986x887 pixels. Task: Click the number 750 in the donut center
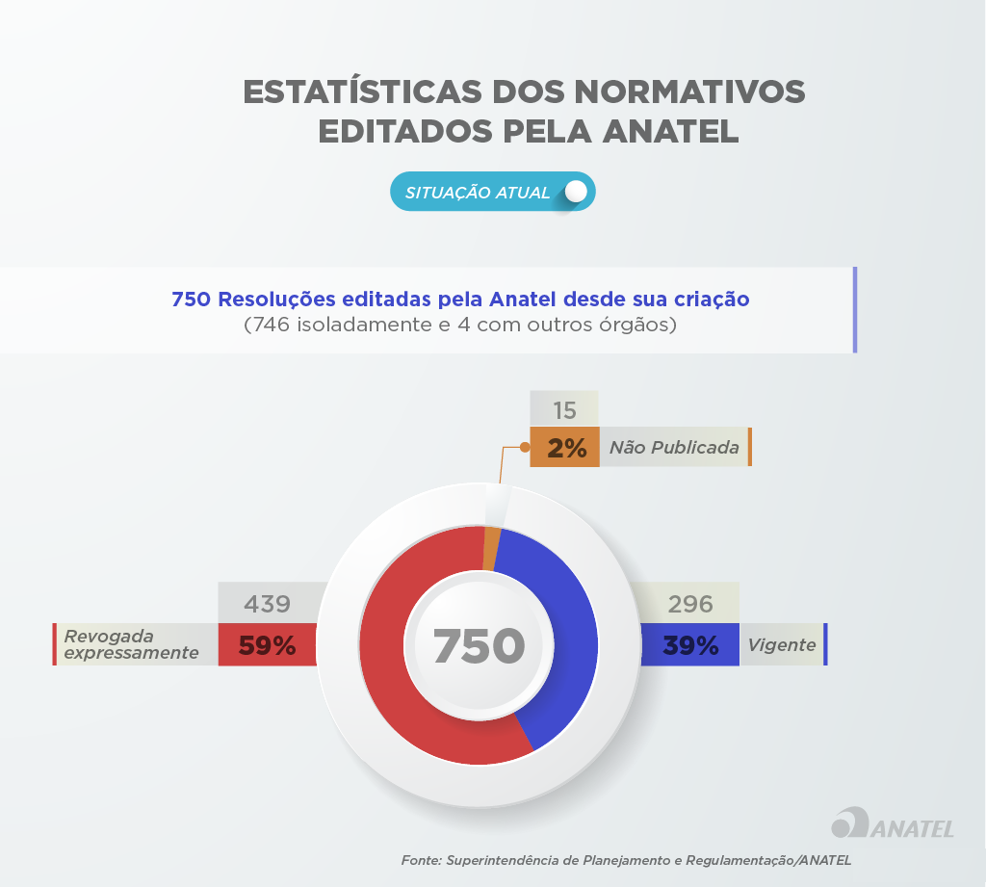point(479,646)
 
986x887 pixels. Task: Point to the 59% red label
point(267,645)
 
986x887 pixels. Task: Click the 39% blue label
point(690,645)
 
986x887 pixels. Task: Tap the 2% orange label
point(565,447)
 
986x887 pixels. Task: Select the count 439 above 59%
point(267,604)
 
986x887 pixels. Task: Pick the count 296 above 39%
point(690,604)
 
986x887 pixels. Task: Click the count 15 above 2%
point(565,410)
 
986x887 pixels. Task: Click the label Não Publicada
point(674,447)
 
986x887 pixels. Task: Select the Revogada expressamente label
point(131,644)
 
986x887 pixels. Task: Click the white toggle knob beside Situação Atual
point(576,192)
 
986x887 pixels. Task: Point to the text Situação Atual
point(478,193)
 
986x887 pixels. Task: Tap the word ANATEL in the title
point(670,130)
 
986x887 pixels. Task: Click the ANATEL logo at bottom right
point(892,823)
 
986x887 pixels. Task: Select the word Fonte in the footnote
point(420,860)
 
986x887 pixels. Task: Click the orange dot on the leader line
point(525,447)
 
